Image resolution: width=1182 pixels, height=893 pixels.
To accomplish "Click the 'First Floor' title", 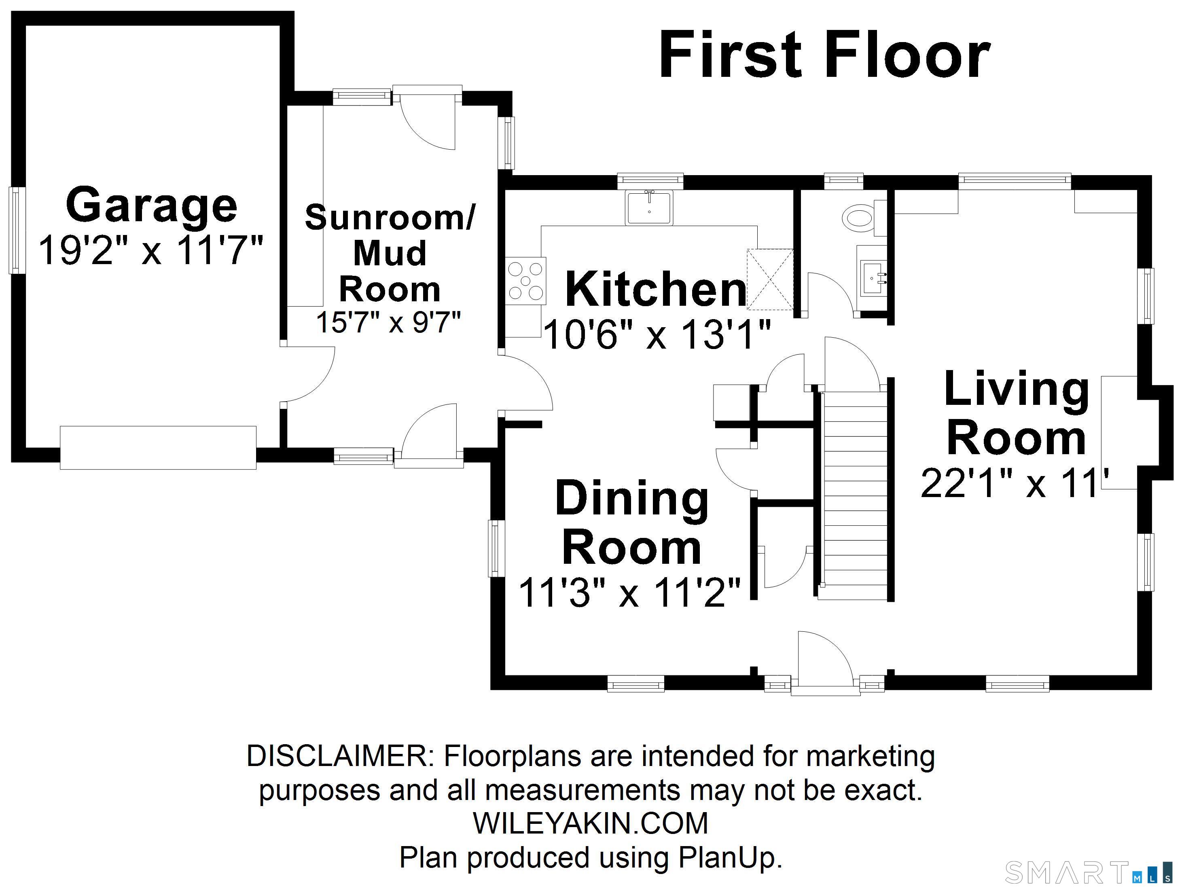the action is tap(824, 54).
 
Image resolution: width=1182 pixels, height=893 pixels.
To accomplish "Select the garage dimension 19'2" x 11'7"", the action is tap(151, 250).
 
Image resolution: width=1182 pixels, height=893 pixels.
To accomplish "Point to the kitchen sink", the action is tap(649, 207).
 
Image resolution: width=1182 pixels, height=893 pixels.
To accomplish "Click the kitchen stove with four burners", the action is tap(526, 281).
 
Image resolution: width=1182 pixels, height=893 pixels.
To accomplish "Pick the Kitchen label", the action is tap(656, 289).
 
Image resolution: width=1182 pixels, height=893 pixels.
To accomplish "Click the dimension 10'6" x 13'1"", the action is tap(657, 335).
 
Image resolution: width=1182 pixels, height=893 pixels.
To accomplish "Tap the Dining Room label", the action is tap(632, 523).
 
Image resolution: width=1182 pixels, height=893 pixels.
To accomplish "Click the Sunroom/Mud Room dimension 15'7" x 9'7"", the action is tap(388, 322).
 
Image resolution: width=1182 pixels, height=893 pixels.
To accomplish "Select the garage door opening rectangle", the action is tap(158, 447).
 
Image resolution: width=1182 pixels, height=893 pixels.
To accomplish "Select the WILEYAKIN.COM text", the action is tap(591, 823).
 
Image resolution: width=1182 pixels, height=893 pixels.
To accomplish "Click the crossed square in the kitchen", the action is tap(769, 279).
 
